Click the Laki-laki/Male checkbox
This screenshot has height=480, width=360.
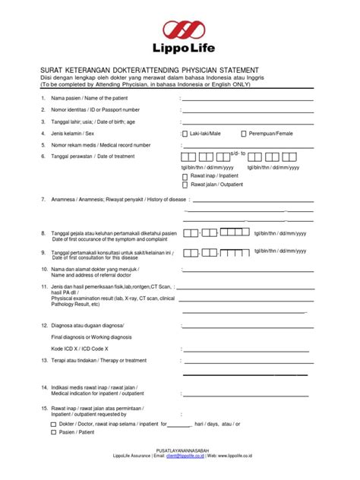click(185, 133)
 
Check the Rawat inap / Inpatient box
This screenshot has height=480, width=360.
click(185, 175)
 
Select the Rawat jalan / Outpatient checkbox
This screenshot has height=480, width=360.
click(185, 184)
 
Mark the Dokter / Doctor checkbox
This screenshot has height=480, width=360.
click(53, 425)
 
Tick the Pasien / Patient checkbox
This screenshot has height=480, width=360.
click(53, 432)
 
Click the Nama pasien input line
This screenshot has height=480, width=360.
click(247, 99)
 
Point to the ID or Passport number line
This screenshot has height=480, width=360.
click(247, 111)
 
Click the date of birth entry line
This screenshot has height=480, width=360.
click(247, 122)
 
